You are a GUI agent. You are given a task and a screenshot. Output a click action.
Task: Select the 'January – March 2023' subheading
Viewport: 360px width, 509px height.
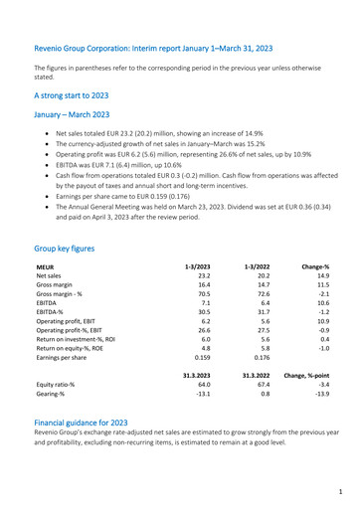pyautogui.click(x=71, y=115)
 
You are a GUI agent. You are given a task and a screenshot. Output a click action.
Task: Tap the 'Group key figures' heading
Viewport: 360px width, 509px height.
pyautogui.click(x=65, y=248)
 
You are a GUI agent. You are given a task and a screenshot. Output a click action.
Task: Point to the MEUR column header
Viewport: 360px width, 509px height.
pyautogui.click(x=45, y=267)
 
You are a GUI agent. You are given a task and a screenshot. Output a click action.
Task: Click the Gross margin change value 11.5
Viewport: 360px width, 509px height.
pyautogui.click(x=318, y=288)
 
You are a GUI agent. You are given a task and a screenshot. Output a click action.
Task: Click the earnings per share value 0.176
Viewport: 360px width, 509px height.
pyautogui.click(x=261, y=367)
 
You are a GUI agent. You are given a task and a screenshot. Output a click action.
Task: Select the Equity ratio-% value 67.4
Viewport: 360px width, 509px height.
pyautogui.click(x=262, y=401)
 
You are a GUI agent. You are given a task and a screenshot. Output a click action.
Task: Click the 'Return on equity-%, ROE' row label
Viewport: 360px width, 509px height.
pyautogui.click(x=75, y=356)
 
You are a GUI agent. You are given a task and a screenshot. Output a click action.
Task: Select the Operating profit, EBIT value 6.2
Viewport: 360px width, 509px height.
pyautogui.click(x=204, y=322)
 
